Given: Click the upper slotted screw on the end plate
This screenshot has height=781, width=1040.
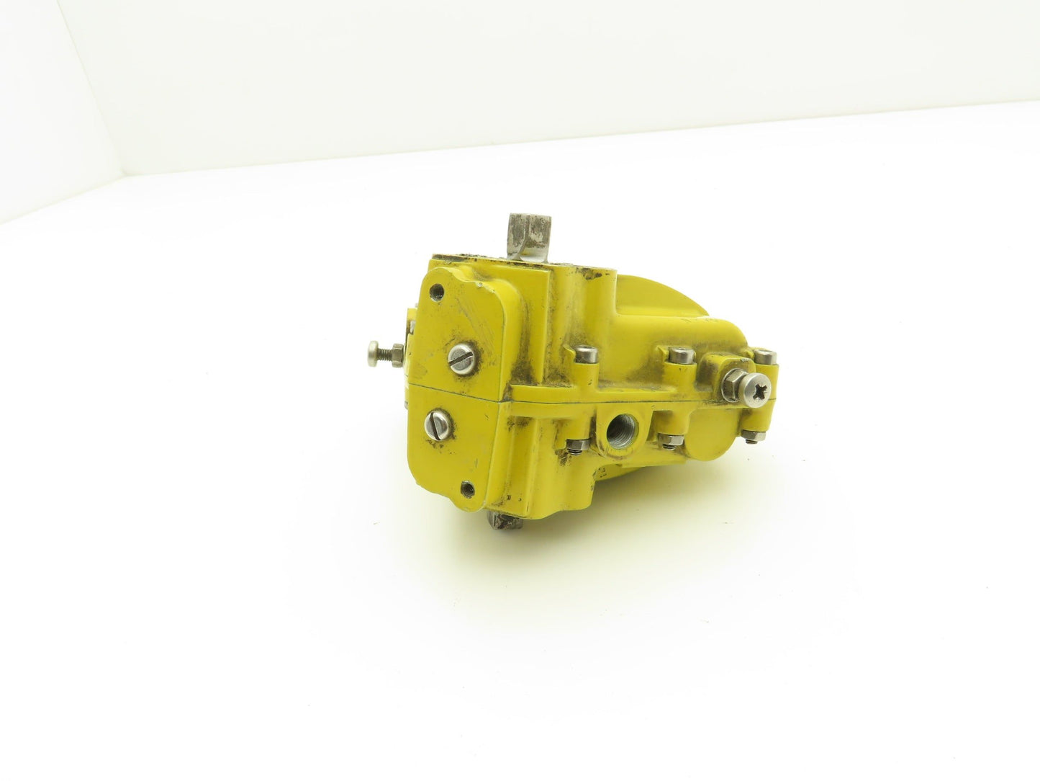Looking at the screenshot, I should click(x=458, y=354).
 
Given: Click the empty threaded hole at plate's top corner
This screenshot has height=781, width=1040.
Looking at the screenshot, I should click(x=435, y=292).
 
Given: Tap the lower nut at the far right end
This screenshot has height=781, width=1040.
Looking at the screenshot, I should click(x=751, y=434).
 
